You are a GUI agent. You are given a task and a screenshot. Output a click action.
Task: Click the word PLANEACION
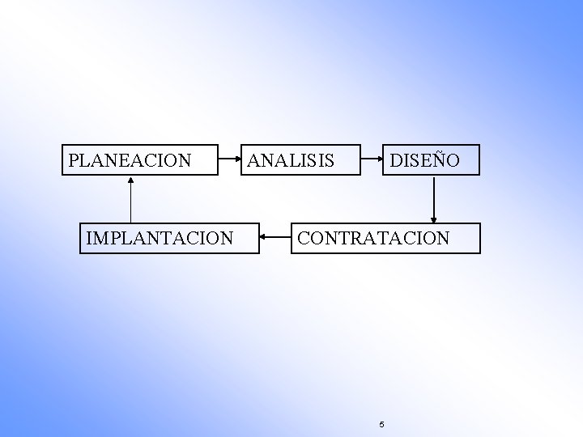[130, 161]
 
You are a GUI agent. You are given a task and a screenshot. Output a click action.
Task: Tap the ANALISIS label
[290, 161]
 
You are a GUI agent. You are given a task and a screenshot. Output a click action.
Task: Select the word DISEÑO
[424, 161]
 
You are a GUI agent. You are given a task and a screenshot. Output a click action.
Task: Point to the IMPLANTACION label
[160, 239]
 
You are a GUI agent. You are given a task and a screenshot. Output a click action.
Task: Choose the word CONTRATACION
[373, 239]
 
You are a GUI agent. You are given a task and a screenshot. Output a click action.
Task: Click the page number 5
[381, 424]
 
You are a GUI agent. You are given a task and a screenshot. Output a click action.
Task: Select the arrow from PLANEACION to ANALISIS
[231, 159]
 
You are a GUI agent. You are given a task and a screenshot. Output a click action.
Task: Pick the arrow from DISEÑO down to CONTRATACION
[435, 198]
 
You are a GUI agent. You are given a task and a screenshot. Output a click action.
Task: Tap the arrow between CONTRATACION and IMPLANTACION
[275, 239]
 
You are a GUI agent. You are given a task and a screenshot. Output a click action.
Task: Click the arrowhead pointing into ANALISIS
[242, 159]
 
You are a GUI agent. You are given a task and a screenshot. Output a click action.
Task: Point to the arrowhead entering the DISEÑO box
[381, 159]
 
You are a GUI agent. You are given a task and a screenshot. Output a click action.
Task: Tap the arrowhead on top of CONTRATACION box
[435, 218]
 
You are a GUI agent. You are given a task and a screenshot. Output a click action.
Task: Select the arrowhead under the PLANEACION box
[130, 180]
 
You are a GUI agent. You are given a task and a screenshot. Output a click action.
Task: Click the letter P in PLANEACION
[74, 161]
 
